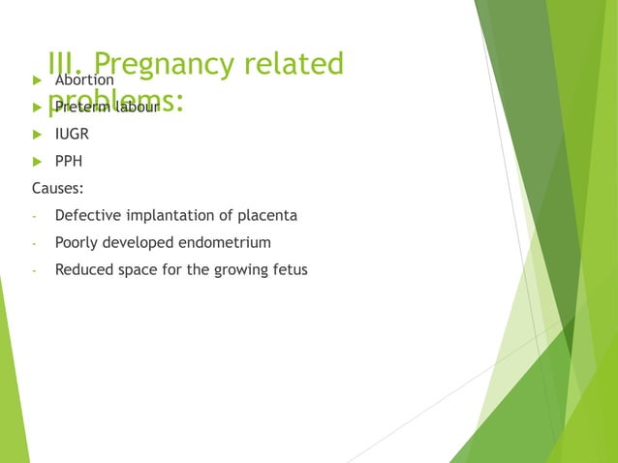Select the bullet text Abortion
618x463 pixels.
[84, 79]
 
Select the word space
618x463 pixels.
[139, 269]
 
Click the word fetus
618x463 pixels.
[289, 269]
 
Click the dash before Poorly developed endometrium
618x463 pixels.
[34, 243]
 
